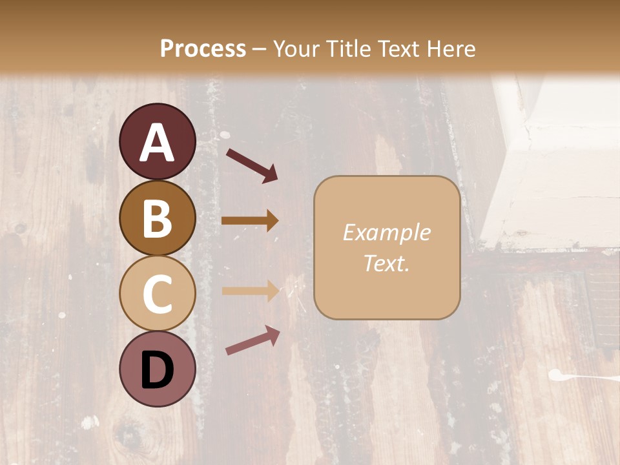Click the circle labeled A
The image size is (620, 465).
[x=157, y=141]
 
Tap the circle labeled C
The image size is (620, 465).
[x=157, y=293]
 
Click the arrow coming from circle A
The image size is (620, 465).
[x=252, y=165]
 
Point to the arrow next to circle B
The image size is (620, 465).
[x=250, y=221]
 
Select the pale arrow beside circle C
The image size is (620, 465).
[x=250, y=291]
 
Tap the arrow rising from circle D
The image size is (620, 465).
[x=253, y=341]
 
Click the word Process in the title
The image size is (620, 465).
[x=203, y=48]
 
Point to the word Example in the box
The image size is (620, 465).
[x=387, y=232]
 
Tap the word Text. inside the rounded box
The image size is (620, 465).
[x=387, y=263]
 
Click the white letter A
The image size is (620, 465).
[x=157, y=143]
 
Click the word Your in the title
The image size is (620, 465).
[x=294, y=48]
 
